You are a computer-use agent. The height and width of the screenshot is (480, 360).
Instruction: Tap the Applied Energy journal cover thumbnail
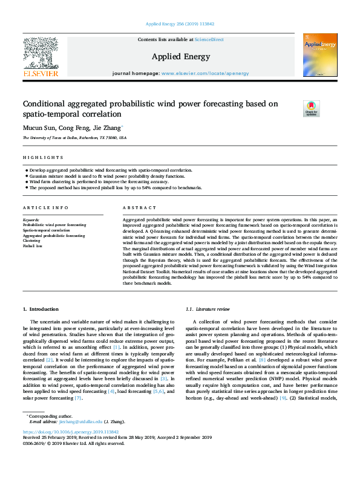(x=320, y=55)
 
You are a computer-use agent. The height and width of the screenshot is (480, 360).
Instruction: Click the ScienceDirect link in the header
(x=209, y=39)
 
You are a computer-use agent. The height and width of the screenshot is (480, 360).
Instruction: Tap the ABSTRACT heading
(x=136, y=208)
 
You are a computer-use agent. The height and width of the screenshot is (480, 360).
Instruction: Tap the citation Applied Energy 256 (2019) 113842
(x=180, y=25)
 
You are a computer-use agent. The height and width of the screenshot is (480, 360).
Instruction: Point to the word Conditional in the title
(x=45, y=104)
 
